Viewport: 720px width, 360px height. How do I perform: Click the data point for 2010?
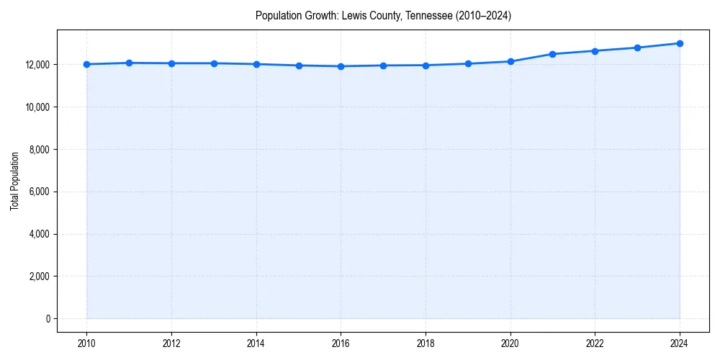pos(86,64)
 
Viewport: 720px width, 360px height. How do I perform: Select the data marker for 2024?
pos(680,43)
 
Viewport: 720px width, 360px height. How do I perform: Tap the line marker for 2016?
pos(341,66)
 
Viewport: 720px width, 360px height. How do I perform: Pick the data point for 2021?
pos(552,54)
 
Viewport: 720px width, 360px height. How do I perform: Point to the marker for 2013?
pos(214,63)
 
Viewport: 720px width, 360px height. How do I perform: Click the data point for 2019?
pos(468,63)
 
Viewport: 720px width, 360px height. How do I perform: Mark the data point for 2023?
pos(637,48)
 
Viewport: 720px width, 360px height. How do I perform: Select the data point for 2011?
pos(129,63)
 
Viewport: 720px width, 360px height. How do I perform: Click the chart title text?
pos(383,16)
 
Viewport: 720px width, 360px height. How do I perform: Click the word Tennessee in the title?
pos(432,16)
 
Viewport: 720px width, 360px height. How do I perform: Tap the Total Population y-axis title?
pos(14,181)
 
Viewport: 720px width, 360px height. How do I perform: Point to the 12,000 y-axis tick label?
pos(37,65)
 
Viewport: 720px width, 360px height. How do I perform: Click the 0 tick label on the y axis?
pos(48,319)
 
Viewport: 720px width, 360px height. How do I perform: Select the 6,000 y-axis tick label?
pos(39,192)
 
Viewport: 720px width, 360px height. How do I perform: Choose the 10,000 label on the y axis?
pos(37,107)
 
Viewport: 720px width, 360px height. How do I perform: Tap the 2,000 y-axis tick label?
pos(39,276)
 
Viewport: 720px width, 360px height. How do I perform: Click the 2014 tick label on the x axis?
pos(256,343)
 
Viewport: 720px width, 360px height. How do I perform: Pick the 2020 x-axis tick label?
pos(510,343)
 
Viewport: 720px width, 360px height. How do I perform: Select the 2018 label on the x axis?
pos(426,343)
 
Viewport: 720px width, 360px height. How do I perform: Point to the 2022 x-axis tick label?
pos(595,343)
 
